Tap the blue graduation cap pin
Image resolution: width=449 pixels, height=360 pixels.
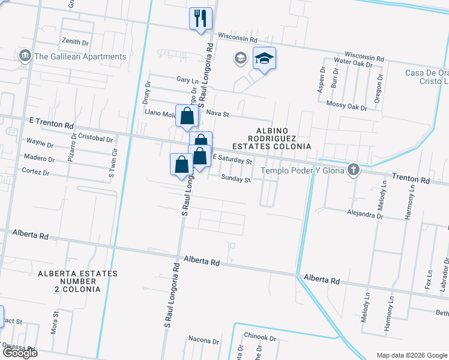(x=264, y=59)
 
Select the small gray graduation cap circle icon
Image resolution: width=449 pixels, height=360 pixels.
(x=240, y=58)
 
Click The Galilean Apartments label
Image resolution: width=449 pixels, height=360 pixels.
(x=80, y=57)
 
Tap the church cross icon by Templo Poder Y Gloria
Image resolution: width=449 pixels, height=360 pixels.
(x=354, y=170)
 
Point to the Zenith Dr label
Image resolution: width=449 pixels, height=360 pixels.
(x=75, y=43)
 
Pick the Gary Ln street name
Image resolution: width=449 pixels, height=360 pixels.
(x=187, y=80)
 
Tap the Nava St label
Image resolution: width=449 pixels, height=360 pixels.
(x=218, y=113)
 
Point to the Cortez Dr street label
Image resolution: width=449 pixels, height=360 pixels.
(x=35, y=172)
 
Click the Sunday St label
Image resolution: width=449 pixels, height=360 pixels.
(x=235, y=178)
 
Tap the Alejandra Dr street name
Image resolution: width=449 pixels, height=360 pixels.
(x=365, y=212)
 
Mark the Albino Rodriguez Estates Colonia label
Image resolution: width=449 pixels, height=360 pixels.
(x=281, y=138)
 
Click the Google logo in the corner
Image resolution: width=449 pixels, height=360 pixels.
(x=19, y=353)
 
